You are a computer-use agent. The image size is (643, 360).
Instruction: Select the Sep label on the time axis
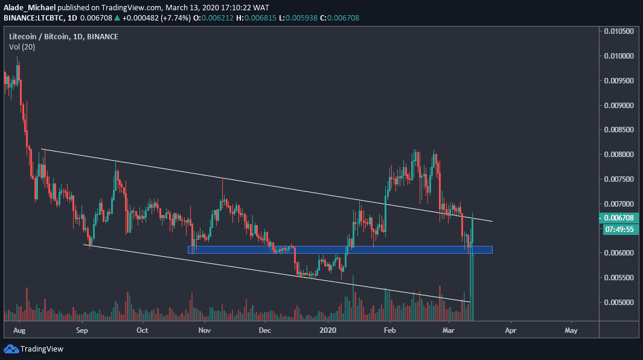(x=82, y=330)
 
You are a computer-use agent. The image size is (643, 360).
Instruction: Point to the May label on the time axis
(x=571, y=330)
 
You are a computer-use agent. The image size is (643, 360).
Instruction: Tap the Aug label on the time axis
(x=19, y=330)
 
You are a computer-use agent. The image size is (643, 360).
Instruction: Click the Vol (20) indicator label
(x=22, y=47)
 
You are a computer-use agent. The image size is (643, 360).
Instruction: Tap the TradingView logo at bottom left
(x=34, y=349)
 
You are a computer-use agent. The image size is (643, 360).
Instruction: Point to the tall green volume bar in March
(x=472, y=284)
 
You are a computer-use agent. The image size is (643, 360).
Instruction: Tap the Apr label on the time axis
(x=510, y=330)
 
